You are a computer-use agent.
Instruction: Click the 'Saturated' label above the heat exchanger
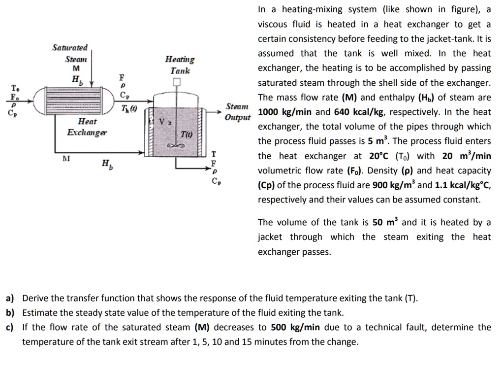pos(70,48)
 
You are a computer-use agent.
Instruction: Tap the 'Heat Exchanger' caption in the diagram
pos(87,127)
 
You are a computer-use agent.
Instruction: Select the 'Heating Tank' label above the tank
pos(180,65)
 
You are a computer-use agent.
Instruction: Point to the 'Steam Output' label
pos(237,112)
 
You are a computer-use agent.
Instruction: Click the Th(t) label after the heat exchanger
pos(129,108)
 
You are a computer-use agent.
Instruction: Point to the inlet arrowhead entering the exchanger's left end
pos(33,101)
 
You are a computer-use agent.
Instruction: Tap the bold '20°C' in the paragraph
pos(379,156)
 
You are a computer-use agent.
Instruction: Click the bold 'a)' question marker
pos(10,298)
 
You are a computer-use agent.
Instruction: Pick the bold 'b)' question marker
pos(10,313)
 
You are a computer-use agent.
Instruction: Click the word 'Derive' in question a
pos(35,298)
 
